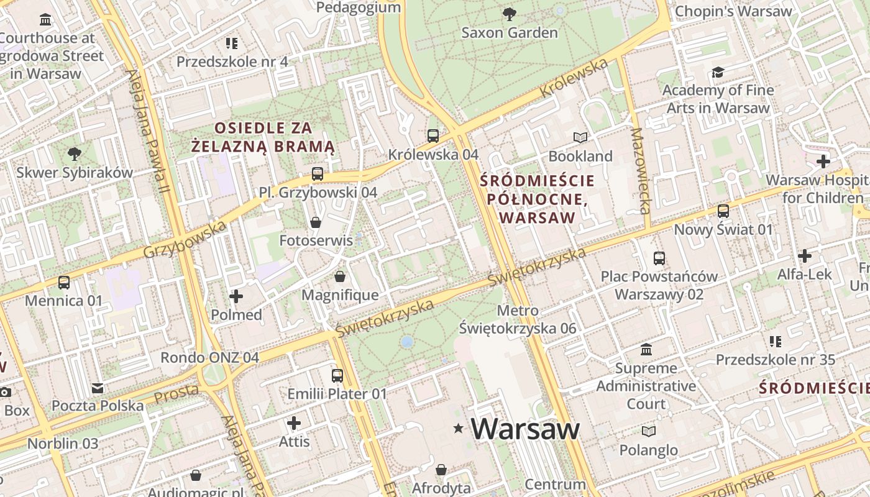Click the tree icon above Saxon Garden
click(509, 14)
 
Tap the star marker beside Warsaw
click(459, 428)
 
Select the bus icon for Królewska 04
click(433, 135)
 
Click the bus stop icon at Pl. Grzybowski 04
click(318, 174)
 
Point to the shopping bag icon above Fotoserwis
click(316, 222)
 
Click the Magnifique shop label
click(340, 295)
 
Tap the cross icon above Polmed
click(236, 296)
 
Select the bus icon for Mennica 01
click(64, 283)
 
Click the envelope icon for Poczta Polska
click(98, 388)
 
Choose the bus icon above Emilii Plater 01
click(337, 376)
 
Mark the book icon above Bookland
click(580, 137)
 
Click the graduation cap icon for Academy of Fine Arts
click(718, 72)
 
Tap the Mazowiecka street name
click(640, 171)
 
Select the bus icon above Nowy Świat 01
click(723, 211)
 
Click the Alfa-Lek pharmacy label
click(804, 274)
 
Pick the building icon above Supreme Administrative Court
click(646, 350)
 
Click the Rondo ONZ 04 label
click(209, 358)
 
